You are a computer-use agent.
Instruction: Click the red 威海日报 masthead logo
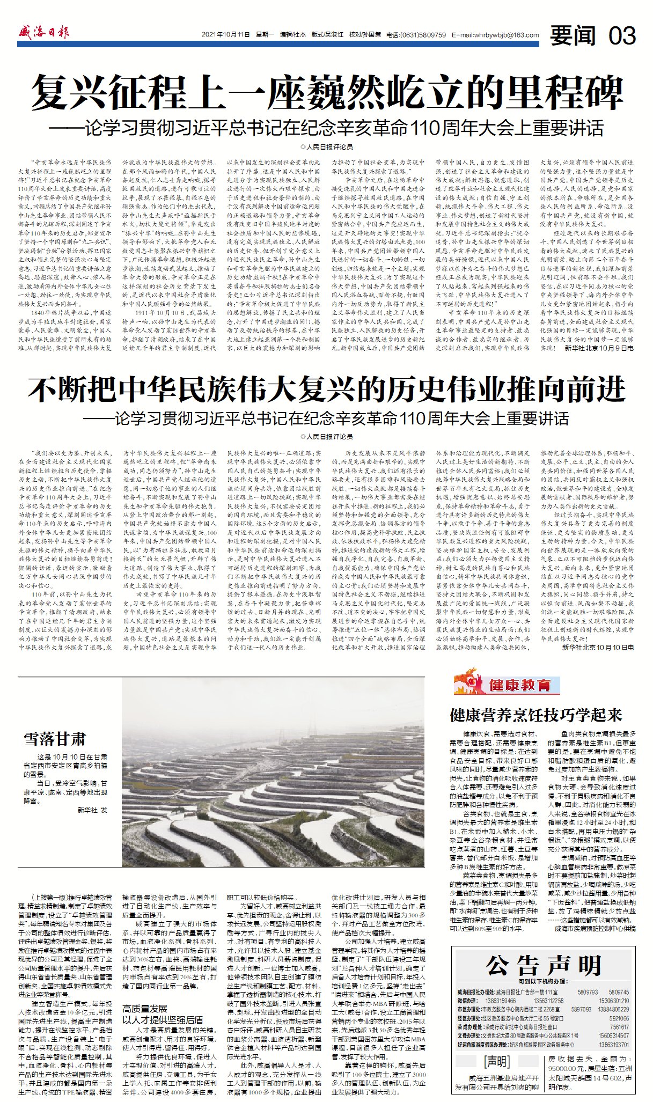43,33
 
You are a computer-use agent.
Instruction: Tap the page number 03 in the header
622,35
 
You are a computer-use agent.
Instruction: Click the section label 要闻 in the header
573,35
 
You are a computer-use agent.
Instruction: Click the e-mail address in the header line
495,35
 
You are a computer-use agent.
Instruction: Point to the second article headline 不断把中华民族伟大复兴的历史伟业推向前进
326,389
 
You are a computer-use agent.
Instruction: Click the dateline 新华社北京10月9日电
599,348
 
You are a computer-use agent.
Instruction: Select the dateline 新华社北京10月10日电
598,648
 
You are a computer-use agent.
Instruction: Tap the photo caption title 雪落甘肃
55,739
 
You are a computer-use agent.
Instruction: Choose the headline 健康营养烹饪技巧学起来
535,715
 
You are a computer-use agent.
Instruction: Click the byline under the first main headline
326,146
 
